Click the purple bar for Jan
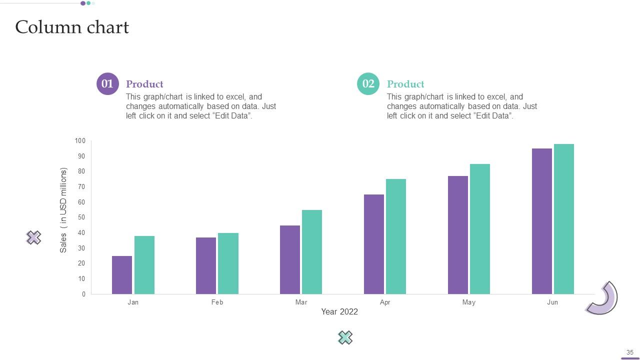(x=122, y=275)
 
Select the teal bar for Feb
(x=228, y=263)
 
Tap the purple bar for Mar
(x=290, y=259)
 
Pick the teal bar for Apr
(x=396, y=236)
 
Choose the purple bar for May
(x=458, y=235)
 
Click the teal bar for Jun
(x=564, y=219)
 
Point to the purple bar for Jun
(x=542, y=221)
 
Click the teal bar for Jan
(x=144, y=265)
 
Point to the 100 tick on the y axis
(x=80, y=141)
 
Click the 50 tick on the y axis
(x=81, y=217)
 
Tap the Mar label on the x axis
(x=301, y=302)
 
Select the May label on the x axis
(x=469, y=302)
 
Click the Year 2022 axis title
(x=339, y=312)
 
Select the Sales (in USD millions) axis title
(x=63, y=210)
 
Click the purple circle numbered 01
(x=107, y=83)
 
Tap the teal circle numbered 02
(x=368, y=83)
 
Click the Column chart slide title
(x=72, y=27)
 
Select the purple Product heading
(x=144, y=84)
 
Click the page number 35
(x=630, y=352)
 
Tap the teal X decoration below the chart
(x=345, y=338)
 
